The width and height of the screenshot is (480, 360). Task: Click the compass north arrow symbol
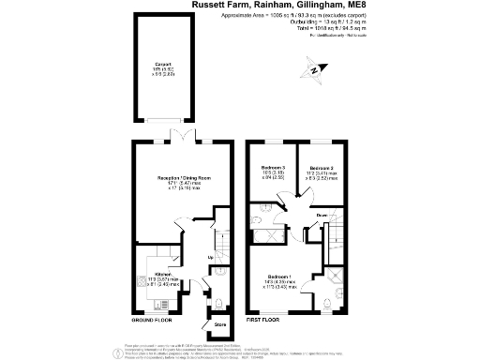[x=316, y=68]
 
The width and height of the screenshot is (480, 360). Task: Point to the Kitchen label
[x=165, y=275]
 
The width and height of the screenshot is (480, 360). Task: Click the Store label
[x=221, y=325]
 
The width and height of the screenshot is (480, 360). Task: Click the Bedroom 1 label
[x=283, y=277]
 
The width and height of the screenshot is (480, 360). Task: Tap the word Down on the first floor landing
[x=322, y=217]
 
